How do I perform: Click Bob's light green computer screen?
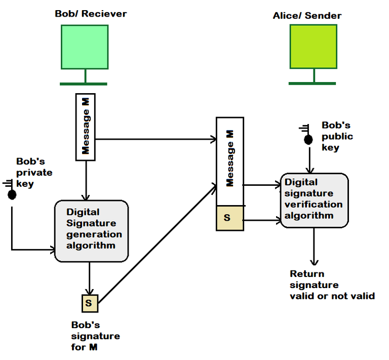(x=85, y=47)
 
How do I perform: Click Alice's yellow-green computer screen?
(x=313, y=47)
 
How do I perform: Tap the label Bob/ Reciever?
(x=91, y=14)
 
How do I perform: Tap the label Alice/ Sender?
(x=307, y=16)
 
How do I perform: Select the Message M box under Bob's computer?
(x=86, y=127)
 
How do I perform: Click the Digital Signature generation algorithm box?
(x=91, y=231)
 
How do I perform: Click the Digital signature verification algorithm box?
(x=315, y=199)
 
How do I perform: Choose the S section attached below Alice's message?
(x=230, y=218)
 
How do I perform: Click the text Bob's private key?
(x=34, y=173)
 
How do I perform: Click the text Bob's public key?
(x=337, y=136)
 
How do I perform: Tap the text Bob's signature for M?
(x=95, y=336)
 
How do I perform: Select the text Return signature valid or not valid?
(x=332, y=285)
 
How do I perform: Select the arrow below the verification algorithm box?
(x=315, y=246)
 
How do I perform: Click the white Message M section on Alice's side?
(x=230, y=161)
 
